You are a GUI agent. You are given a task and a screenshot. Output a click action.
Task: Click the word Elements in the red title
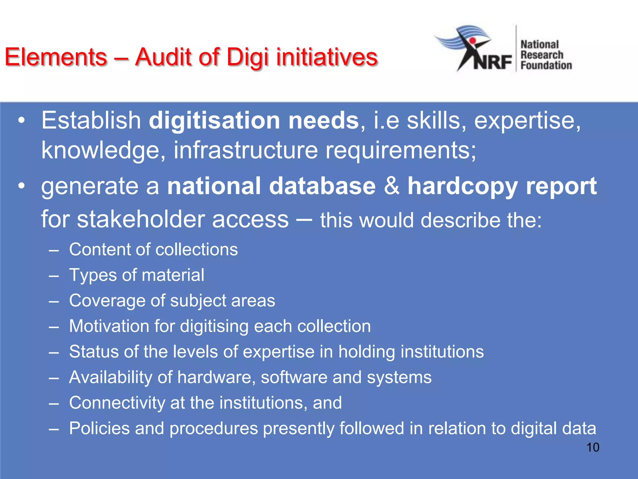click(x=56, y=57)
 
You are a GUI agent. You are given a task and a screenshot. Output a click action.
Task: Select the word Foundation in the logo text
click(x=546, y=65)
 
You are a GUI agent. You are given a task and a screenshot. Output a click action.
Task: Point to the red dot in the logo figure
click(x=472, y=41)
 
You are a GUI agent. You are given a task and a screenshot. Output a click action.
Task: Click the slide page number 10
click(x=593, y=447)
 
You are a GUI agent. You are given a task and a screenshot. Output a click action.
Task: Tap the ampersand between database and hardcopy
click(x=392, y=186)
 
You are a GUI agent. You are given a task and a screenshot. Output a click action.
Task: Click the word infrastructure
click(x=245, y=150)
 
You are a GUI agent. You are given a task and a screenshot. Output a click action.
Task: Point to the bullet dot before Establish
click(x=21, y=120)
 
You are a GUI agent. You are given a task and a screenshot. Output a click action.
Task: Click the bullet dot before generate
click(x=21, y=186)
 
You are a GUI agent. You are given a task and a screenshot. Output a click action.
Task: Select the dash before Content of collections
click(x=54, y=250)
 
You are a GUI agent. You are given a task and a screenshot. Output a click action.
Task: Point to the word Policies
click(x=99, y=428)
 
